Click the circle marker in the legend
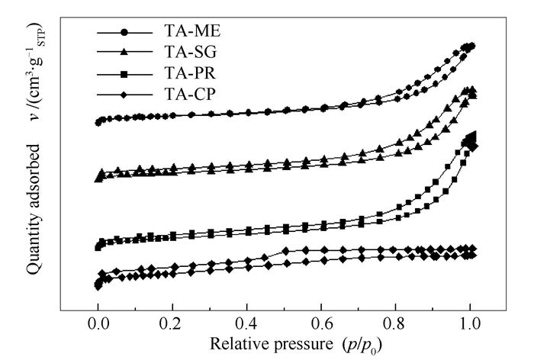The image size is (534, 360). coord(125,33)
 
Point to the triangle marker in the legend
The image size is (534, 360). coord(125,53)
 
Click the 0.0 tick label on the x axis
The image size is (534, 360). coord(98,323)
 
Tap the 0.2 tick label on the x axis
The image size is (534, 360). coord(172,323)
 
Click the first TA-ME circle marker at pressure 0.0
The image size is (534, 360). coord(98,122)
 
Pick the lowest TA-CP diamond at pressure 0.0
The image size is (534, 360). coord(98,286)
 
